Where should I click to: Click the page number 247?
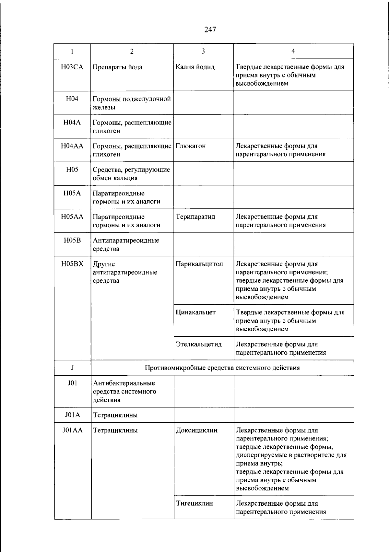(210, 30)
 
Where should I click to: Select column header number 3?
(203, 51)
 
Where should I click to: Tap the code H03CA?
(72, 67)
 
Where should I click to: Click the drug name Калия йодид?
(195, 67)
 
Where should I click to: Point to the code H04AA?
(72, 146)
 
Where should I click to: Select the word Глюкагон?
(191, 146)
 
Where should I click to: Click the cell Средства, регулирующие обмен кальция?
(131, 174)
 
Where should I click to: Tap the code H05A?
(72, 194)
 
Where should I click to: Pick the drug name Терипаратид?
(195, 217)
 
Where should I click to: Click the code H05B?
(72, 241)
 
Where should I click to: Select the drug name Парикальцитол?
(199, 264)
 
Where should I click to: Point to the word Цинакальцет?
(196, 312)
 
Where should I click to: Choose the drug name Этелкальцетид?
(199, 344)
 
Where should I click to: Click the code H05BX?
(72, 264)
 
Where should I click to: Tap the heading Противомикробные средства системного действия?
(222, 368)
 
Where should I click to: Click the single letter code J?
(72, 368)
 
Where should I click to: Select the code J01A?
(72, 415)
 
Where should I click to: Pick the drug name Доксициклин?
(197, 430)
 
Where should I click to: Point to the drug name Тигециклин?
(194, 503)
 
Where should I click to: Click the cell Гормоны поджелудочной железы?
(132, 103)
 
